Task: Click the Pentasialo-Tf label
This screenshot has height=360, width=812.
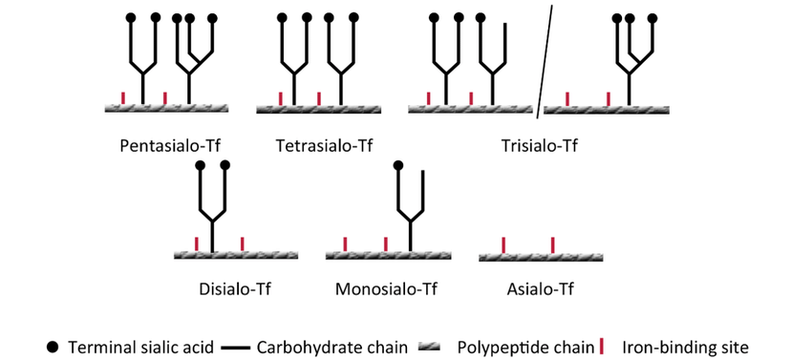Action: (x=170, y=145)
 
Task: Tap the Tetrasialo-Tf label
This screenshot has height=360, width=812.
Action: (x=324, y=145)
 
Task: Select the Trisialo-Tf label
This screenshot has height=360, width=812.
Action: (x=539, y=145)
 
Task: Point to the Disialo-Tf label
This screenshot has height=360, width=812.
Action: (x=235, y=288)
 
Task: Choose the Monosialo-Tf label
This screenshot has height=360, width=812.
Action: (x=386, y=288)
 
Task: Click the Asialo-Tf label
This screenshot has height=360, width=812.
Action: (x=540, y=288)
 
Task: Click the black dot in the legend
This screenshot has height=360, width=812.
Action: (x=53, y=347)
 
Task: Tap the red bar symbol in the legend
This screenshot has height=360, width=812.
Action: (x=602, y=346)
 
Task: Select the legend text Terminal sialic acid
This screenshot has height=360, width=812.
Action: (x=140, y=347)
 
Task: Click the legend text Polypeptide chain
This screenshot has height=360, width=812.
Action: (x=525, y=347)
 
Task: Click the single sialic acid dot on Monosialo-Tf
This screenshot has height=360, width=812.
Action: (x=398, y=166)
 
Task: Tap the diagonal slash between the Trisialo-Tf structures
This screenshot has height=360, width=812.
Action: (x=545, y=61)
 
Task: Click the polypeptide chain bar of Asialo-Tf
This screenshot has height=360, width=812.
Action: (x=541, y=257)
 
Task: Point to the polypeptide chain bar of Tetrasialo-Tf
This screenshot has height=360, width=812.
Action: (x=318, y=109)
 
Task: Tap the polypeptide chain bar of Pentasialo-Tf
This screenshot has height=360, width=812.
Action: (x=167, y=108)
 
